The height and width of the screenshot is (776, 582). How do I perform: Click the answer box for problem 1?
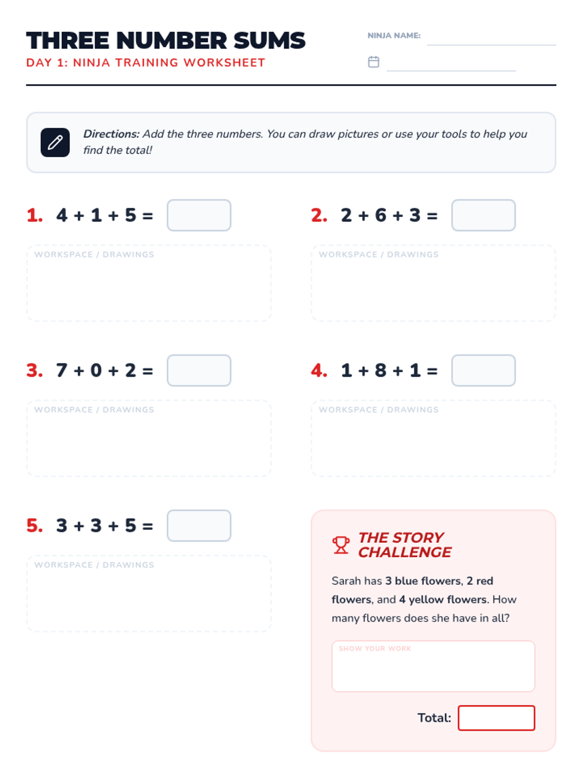(199, 215)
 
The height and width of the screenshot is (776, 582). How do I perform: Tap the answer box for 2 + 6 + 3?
(483, 215)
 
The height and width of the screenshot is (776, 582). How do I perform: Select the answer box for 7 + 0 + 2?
(199, 370)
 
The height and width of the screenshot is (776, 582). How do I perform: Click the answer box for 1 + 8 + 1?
(483, 370)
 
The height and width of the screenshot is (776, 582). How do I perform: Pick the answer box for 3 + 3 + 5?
(199, 525)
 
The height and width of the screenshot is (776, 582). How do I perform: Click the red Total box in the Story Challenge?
(496, 718)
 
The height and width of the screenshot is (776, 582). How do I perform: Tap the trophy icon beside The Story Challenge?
(340, 545)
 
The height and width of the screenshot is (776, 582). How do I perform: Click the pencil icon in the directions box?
(55, 142)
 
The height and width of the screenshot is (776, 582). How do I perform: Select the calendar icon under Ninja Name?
(373, 62)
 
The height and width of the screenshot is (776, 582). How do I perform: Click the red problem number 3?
(34, 370)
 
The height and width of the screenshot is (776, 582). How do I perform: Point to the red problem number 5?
(34, 525)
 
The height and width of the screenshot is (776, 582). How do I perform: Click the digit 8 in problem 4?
(380, 370)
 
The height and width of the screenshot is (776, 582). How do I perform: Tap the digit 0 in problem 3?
(96, 370)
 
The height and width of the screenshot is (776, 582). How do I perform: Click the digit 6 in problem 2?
(380, 215)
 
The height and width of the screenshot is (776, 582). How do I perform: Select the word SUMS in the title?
(269, 40)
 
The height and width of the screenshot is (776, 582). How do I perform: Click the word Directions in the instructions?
(112, 134)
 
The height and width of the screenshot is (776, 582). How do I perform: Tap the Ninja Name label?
(394, 36)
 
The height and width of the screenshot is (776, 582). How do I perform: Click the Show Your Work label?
(375, 648)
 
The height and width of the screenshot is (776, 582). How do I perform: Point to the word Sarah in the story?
(345, 581)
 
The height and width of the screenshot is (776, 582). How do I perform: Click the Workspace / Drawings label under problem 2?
(378, 255)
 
